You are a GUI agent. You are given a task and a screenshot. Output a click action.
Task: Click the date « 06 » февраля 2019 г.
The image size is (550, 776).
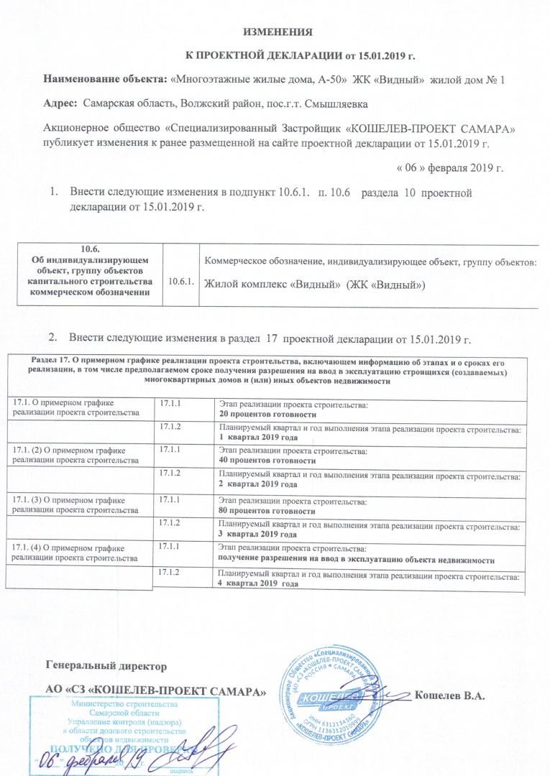[x=451, y=169]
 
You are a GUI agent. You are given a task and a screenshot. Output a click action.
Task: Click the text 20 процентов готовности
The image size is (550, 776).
[x=267, y=416]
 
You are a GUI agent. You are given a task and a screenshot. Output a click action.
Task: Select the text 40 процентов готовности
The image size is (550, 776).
[x=267, y=460]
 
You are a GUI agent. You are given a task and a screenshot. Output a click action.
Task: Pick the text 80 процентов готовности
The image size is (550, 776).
[x=267, y=512]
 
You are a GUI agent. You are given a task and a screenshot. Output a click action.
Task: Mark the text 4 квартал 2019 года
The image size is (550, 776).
[x=259, y=584]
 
